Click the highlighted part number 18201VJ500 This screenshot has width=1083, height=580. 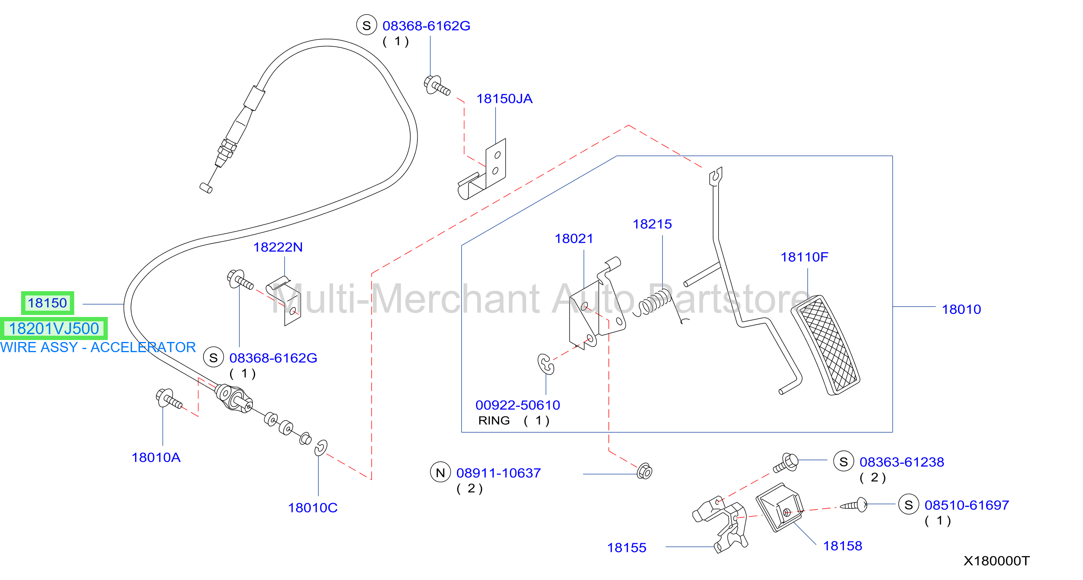coord(54,328)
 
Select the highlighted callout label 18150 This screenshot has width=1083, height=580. coord(48,303)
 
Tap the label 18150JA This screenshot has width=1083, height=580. coord(504,98)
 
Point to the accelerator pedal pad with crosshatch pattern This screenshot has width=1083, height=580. coord(825,345)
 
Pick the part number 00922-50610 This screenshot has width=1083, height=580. coord(517,405)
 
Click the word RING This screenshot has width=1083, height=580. coord(494,421)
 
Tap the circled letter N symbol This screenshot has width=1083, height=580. coord(440,473)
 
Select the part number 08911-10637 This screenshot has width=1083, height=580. coord(499,473)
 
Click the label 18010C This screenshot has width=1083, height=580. coord(312,508)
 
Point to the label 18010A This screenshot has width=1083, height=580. coord(156,457)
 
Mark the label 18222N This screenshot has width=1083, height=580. coord(278,247)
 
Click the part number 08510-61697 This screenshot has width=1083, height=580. coord(967,505)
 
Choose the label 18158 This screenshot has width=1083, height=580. coord(842,546)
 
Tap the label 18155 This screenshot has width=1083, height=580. coord(626,548)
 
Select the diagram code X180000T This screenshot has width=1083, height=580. coord(996,560)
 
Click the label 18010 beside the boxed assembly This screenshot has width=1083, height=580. coord(961,309)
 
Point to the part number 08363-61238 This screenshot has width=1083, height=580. coord(902,462)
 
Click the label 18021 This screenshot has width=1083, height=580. coord(574,238)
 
